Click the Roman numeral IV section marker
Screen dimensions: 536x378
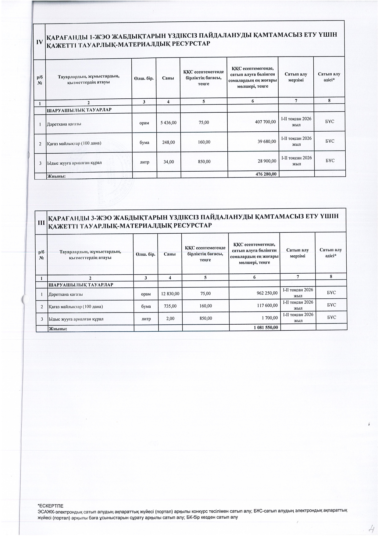pyautogui.click(x=39, y=42)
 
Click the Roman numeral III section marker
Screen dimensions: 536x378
pyautogui.click(x=41, y=222)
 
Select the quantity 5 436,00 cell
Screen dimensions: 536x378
pyautogui.click(x=168, y=122)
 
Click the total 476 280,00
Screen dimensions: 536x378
pyautogui.click(x=266, y=174)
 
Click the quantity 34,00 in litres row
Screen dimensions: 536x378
pyautogui.click(x=169, y=162)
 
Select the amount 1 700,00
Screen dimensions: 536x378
pyautogui.click(x=270, y=318)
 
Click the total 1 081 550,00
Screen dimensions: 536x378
pyautogui.click(x=266, y=327)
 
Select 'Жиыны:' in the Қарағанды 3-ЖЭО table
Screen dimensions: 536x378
pyautogui.click(x=58, y=329)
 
